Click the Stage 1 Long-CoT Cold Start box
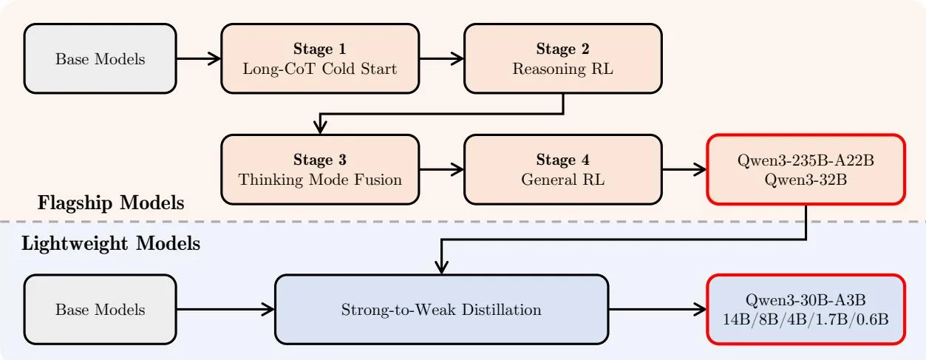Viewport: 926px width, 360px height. (321, 58)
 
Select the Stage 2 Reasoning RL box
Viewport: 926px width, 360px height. (563, 58)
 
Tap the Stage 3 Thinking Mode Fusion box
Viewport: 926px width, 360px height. (321, 169)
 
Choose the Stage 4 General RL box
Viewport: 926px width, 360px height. (563, 169)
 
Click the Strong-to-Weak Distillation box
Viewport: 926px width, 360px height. (441, 309)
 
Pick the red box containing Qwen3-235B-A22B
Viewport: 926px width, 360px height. (806, 169)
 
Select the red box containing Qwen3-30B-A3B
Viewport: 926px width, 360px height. (806, 309)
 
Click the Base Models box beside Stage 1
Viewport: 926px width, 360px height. (101, 58)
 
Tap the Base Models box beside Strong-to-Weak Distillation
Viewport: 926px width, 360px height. (101, 309)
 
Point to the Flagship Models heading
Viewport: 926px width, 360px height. (111, 203)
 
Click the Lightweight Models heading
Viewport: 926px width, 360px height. (111, 243)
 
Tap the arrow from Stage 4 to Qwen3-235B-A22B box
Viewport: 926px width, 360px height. (684, 169)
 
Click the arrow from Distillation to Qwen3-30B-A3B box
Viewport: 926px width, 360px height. (658, 309)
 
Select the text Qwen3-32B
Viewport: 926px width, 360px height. (806, 180)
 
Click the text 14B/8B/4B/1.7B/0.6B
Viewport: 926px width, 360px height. (806, 319)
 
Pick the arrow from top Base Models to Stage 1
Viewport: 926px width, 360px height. (199, 58)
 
